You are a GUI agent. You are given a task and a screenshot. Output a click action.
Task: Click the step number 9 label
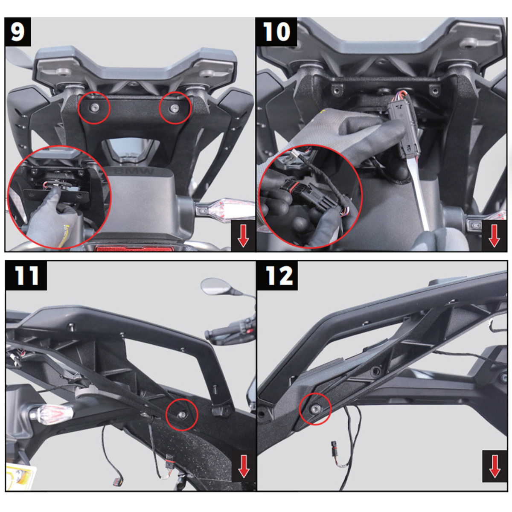click(18, 32)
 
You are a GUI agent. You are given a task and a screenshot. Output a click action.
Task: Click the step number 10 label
click(276, 32)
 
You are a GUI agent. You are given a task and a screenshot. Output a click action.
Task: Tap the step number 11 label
click(26, 276)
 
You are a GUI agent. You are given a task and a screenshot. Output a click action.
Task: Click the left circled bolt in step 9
click(94, 108)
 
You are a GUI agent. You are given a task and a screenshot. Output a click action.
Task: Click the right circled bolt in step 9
click(175, 108)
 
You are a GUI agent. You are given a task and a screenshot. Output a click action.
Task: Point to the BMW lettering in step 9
click(134, 172)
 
